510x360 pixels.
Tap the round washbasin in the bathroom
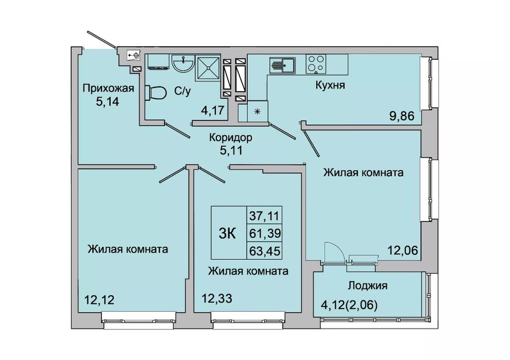tap(183, 63)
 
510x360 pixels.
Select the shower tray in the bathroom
tap(208, 68)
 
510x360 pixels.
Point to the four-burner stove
tap(316, 64)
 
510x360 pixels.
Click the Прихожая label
tap(108, 88)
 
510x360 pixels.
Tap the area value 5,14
tap(107, 102)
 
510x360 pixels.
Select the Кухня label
tap(330, 85)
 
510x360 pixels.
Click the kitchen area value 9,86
tap(402, 116)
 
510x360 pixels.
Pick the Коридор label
tap(230, 138)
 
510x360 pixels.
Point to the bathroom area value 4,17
tap(213, 111)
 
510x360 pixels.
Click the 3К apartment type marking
tap(227, 233)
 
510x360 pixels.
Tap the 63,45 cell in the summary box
tap(265, 251)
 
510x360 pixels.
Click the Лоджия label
tap(368, 285)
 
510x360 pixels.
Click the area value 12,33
tap(217, 298)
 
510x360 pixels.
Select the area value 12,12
tap(99, 299)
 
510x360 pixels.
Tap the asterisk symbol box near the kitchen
tap(258, 112)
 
